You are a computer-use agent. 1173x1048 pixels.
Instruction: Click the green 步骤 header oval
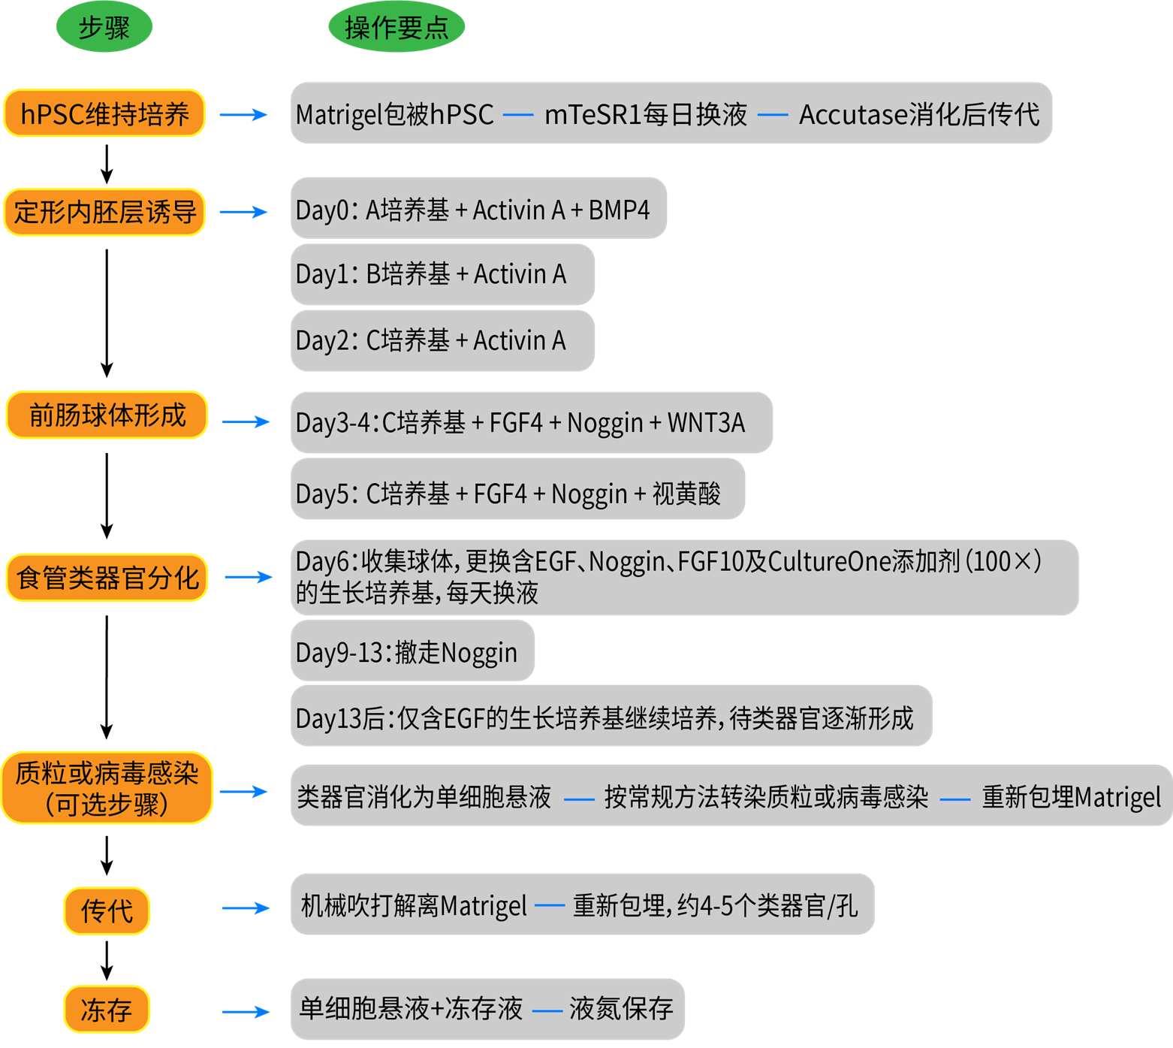[x=104, y=27]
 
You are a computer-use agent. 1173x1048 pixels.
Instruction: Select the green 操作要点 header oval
[x=397, y=27]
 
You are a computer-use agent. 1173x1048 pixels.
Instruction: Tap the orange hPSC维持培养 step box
[x=104, y=113]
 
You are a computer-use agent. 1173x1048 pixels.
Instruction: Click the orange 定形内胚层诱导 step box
[x=104, y=212]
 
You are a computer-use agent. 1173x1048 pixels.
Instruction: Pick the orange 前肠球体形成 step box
[x=107, y=415]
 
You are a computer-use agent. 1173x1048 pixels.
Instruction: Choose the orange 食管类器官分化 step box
[x=107, y=578]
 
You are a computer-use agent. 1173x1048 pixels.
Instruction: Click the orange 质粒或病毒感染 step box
[x=107, y=788]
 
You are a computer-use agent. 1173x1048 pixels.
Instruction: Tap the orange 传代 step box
[x=107, y=911]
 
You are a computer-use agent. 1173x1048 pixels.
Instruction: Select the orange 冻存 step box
[x=107, y=1009]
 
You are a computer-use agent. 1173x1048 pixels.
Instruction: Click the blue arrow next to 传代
[x=246, y=908]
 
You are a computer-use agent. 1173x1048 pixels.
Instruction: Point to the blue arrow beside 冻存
[x=246, y=1012]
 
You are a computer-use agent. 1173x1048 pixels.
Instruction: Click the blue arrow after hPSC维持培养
[x=243, y=114]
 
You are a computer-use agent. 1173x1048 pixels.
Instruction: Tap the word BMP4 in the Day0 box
[x=619, y=210]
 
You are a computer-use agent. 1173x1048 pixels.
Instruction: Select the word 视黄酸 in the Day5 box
[x=686, y=494]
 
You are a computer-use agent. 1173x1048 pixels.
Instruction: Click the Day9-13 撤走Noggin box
[x=412, y=651]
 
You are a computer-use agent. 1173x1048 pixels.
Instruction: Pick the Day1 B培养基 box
[x=442, y=274]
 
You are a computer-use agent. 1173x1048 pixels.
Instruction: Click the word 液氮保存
[x=621, y=1008]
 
